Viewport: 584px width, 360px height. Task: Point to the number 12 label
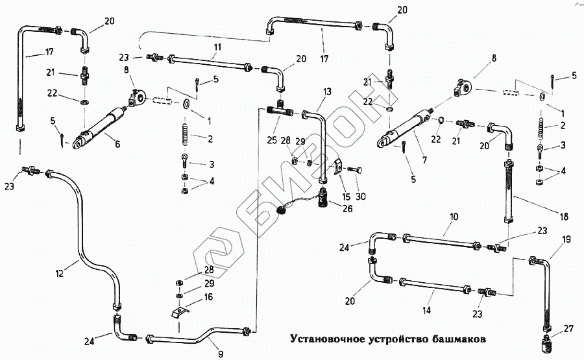click(60, 274)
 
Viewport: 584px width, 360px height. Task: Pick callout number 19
click(566, 239)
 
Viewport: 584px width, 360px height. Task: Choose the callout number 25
click(271, 140)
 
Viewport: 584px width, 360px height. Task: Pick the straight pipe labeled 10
click(441, 242)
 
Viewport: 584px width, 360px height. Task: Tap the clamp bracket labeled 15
click(336, 167)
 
